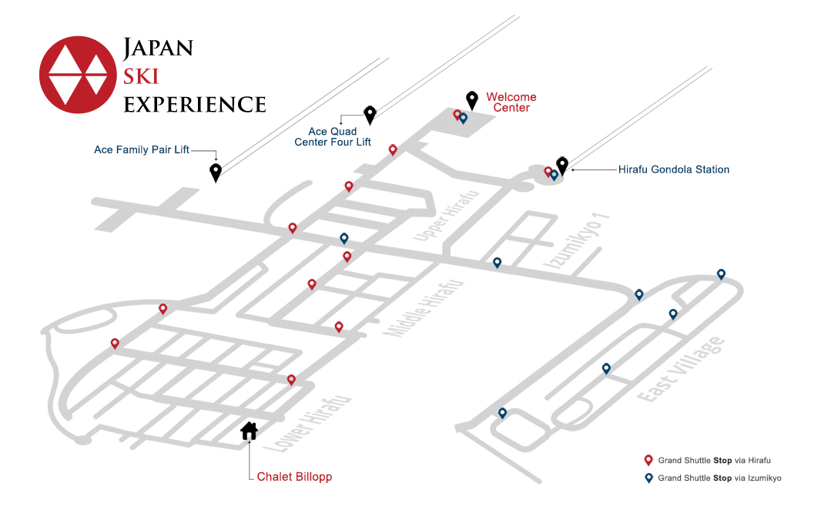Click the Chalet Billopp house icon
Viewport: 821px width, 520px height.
(250, 431)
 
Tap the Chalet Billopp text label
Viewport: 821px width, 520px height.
(294, 477)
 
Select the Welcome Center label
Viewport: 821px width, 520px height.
(511, 102)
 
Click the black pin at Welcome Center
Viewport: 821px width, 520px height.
(472, 101)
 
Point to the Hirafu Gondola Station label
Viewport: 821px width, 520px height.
(673, 169)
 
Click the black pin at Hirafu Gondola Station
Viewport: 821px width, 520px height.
(562, 166)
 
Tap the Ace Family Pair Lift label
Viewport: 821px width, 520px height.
(142, 149)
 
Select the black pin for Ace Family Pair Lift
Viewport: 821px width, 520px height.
(215, 173)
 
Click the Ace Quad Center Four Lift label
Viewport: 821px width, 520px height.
(333, 136)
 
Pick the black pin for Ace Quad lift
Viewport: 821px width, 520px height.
(370, 116)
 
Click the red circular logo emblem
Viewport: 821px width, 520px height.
(78, 75)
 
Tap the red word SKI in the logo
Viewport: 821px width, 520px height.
(141, 76)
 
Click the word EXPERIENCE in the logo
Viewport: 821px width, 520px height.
(195, 104)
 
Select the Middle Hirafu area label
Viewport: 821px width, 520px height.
(424, 308)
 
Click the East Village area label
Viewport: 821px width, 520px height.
(681, 370)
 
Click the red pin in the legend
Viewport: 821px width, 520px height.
(648, 461)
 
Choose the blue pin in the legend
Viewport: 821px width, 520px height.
(648, 478)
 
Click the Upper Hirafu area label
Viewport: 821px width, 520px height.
(446, 216)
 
